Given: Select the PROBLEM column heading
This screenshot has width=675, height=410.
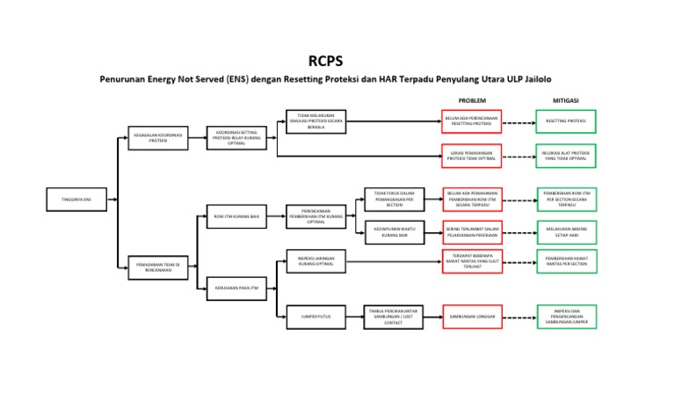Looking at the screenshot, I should pyautogui.click(x=471, y=100).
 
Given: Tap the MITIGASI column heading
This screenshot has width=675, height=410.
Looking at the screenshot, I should pyautogui.click(x=565, y=100).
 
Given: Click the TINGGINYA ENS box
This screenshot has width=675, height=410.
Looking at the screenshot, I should pyautogui.click(x=76, y=200).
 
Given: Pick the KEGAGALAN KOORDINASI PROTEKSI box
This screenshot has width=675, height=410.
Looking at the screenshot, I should pyautogui.click(x=157, y=138).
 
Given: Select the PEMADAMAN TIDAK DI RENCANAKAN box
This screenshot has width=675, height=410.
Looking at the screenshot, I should pyautogui.click(x=157, y=267).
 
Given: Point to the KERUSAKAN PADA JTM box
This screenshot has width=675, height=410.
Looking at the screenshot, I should pyautogui.click(x=236, y=287).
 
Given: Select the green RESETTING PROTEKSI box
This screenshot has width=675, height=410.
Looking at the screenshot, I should pyautogui.click(x=565, y=121).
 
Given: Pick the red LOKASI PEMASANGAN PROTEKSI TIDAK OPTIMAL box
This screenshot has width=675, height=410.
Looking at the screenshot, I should pyautogui.click(x=471, y=156).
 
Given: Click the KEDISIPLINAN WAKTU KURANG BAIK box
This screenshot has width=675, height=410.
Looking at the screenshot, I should pyautogui.click(x=394, y=231).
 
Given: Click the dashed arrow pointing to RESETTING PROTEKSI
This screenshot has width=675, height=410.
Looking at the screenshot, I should pyautogui.click(x=519, y=122).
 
